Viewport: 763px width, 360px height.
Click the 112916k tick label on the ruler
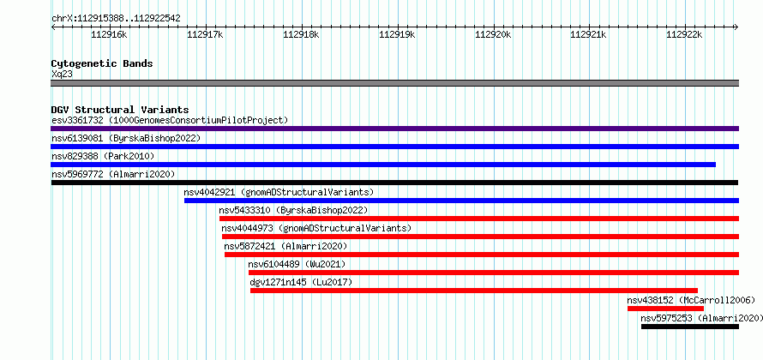pos(109,34)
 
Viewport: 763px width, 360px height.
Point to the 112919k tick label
pos(397,34)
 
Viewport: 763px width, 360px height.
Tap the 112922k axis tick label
pos(684,34)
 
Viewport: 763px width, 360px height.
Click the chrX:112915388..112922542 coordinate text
pos(116,19)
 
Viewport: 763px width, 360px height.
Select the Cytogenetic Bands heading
pos(102,63)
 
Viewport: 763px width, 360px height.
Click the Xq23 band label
pos(63,74)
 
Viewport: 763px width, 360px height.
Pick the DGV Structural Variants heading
pos(120,110)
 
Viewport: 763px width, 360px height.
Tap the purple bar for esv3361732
pos(394,129)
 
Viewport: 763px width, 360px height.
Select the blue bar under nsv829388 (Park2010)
pos(383,165)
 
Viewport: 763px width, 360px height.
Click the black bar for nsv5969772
pos(394,183)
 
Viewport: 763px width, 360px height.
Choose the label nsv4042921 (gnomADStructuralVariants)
pos(279,192)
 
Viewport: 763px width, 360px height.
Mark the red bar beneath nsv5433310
pos(479,219)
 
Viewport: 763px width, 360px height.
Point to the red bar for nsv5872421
pos(482,255)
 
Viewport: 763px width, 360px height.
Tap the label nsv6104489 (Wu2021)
pos(297,264)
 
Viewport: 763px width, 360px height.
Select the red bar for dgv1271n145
pos(474,291)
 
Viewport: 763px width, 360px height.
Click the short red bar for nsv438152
pos(665,309)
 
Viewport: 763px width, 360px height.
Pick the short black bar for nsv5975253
pos(690,327)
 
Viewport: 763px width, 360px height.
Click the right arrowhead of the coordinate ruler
pos(736,27)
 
